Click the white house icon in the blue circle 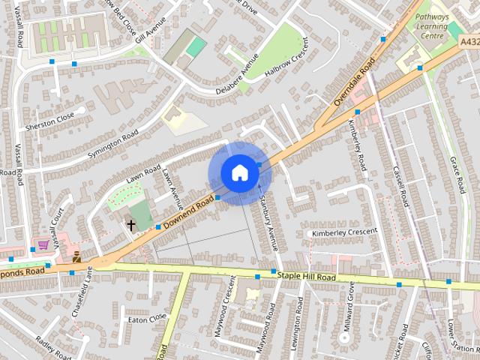[239, 172]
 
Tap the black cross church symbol [131, 224]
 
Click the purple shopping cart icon [43, 244]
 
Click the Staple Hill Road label [307, 277]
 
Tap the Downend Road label [189, 211]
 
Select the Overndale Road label [353, 82]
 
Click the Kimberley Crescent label [345, 232]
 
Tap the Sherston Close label [50, 118]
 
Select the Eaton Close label [146, 319]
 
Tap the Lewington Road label [299, 319]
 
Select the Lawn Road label [144, 174]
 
